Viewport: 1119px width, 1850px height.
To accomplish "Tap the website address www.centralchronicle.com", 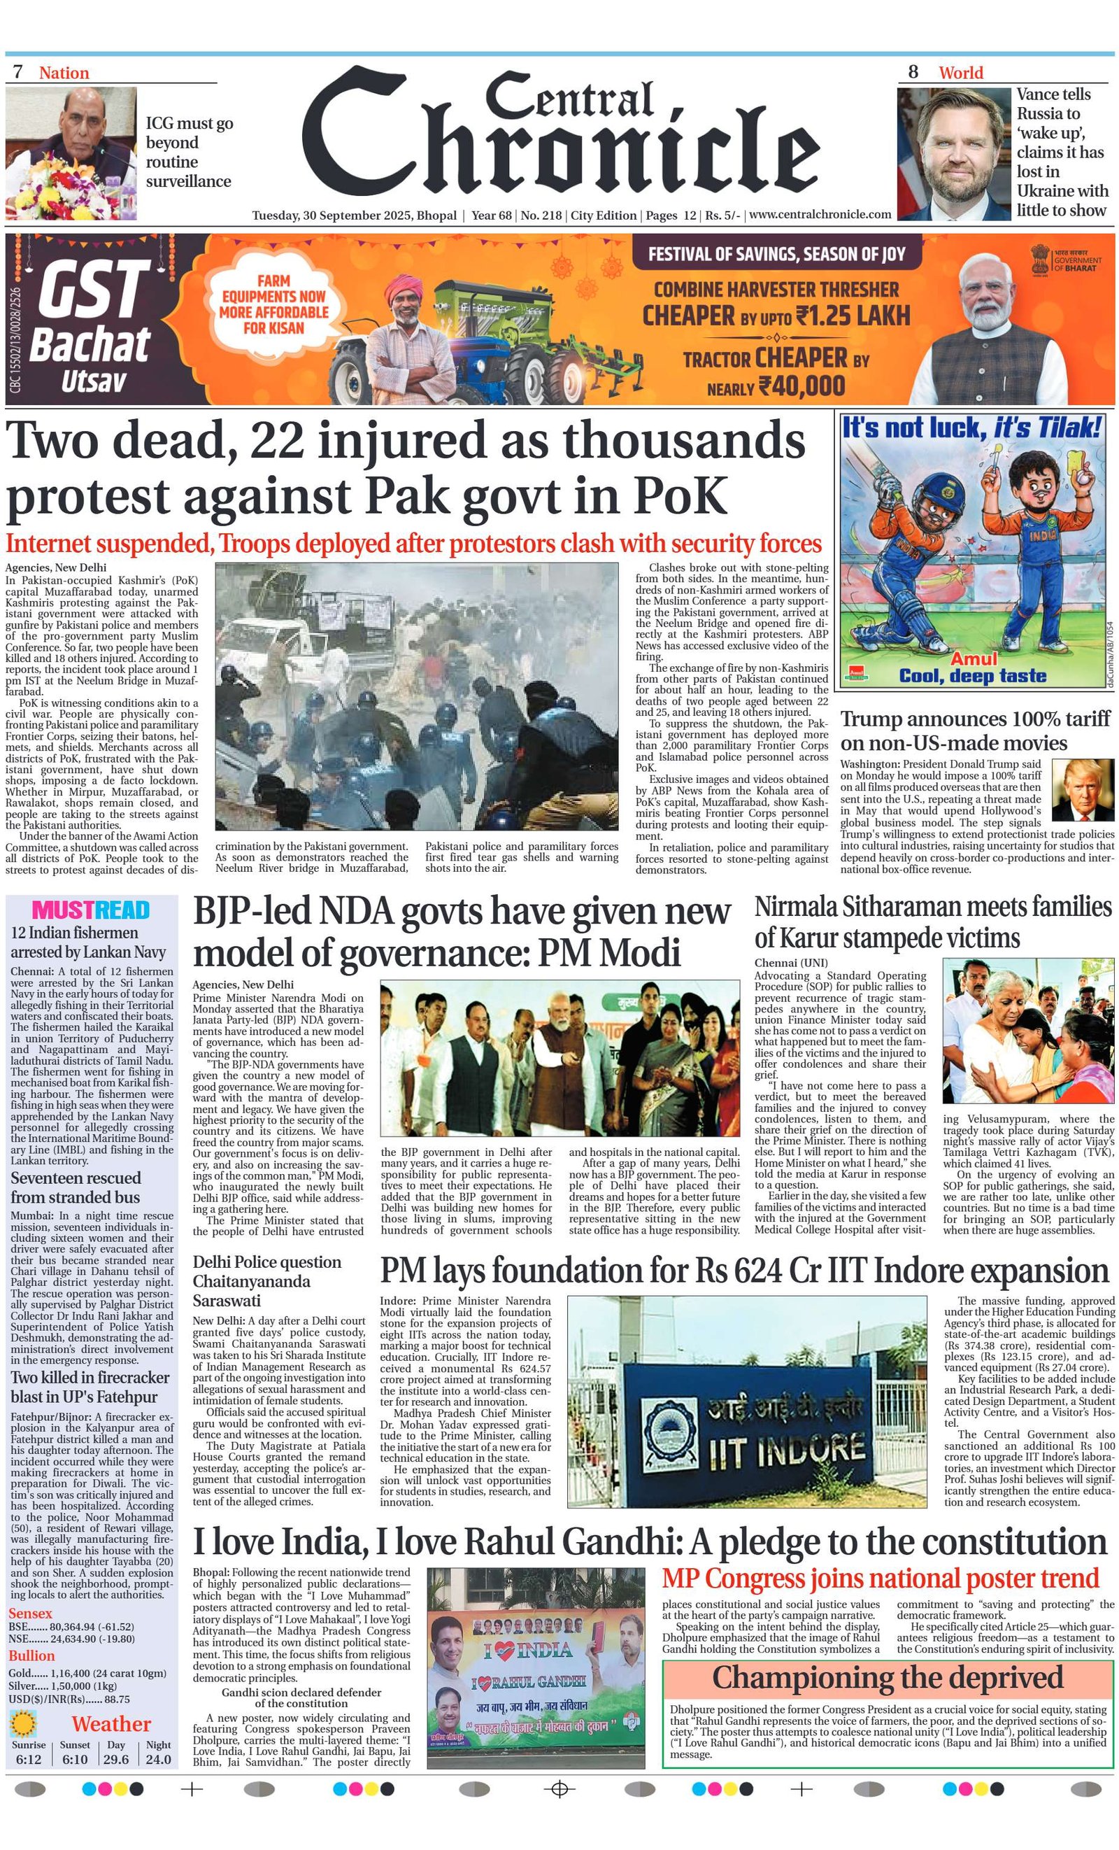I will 820,215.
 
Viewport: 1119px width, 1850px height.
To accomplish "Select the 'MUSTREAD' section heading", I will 91,910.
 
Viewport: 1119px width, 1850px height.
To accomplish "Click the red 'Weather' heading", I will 111,1724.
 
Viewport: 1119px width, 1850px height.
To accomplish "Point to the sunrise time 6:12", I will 29,1759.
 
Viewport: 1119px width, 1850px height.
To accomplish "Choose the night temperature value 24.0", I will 157,1759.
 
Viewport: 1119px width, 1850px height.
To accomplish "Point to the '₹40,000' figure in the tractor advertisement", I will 801,387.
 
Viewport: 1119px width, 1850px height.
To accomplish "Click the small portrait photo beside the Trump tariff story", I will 1082,789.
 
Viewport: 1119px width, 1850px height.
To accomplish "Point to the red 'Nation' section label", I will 64,73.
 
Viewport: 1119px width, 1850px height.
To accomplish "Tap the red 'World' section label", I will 960,73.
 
